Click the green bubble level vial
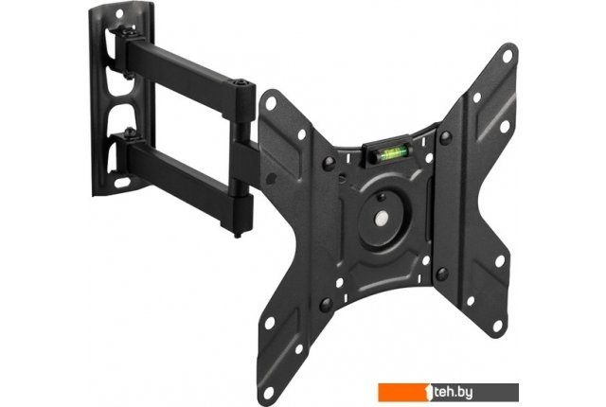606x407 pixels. [x=390, y=153]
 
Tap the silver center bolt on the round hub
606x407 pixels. [x=382, y=219]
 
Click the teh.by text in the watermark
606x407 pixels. [x=453, y=392]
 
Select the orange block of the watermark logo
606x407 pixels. [x=405, y=392]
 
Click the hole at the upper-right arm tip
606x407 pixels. [x=508, y=56]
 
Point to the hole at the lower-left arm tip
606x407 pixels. [x=268, y=392]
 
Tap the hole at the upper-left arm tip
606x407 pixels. [x=271, y=103]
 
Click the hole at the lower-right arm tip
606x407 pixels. [x=498, y=326]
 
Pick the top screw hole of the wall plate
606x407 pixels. [x=119, y=13]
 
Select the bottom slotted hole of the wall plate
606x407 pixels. [x=122, y=182]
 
